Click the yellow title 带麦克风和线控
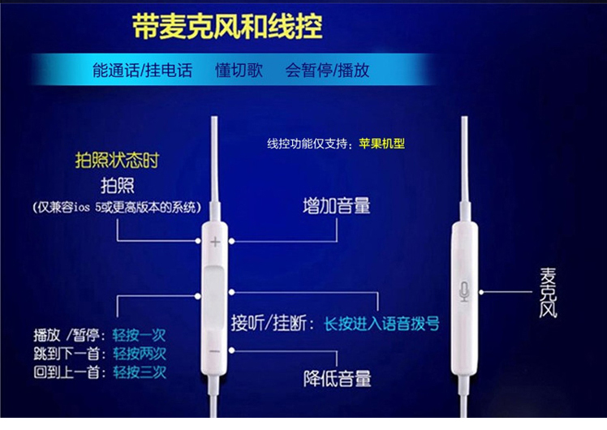point(227,27)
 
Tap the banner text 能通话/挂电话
point(143,71)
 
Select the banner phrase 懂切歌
point(239,71)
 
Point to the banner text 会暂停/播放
point(327,71)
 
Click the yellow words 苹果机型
point(381,144)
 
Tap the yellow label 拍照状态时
point(117,160)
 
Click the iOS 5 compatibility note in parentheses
point(117,208)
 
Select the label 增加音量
point(337,206)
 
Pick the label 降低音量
point(338,379)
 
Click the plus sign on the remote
point(215,243)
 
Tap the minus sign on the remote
point(215,351)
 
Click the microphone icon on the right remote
point(464,291)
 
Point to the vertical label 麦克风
point(548,293)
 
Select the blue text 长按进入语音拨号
point(381,324)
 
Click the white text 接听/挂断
point(269,323)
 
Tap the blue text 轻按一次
point(140,335)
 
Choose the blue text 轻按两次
point(140,354)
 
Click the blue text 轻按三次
point(140,372)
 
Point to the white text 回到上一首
point(67,372)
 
